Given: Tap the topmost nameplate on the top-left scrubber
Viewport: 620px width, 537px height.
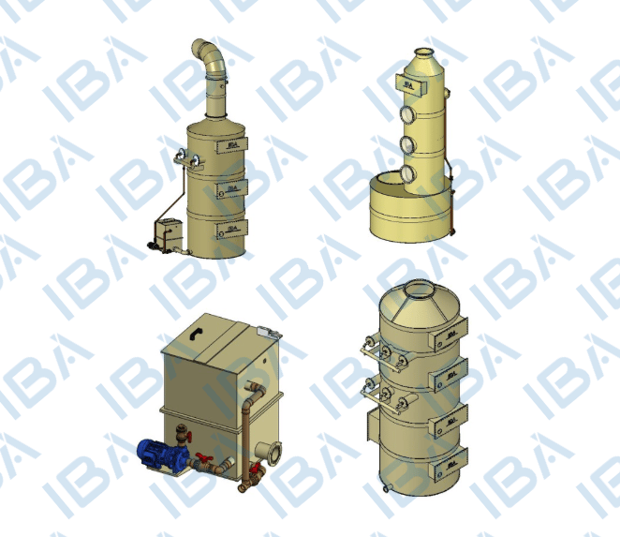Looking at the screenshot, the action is (231, 145).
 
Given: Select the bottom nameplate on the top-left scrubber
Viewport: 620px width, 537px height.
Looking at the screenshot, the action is (231, 229).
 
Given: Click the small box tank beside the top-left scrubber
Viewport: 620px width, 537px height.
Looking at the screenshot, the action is (169, 234).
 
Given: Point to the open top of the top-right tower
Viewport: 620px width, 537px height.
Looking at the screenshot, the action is (424, 52).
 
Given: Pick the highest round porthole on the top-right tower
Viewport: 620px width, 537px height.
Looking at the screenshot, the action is (407, 114).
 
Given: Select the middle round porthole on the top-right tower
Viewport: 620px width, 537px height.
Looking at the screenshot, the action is (407, 144).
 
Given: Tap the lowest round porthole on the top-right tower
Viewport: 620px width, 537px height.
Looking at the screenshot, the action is (408, 174).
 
